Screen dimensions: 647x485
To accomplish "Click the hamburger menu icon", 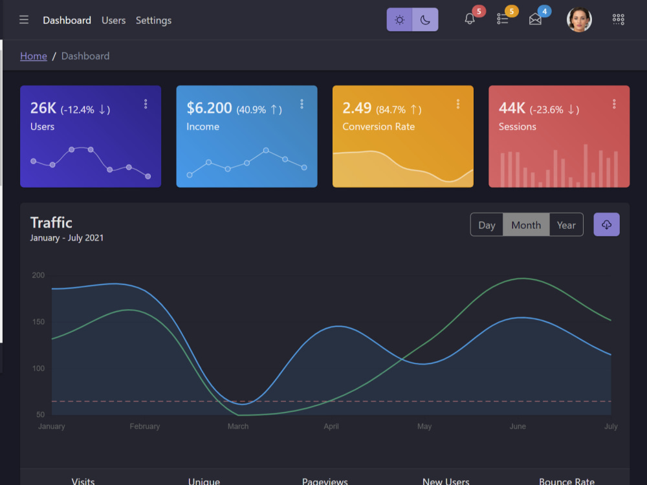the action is click(x=24, y=20).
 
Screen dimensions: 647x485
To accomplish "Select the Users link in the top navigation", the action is click(x=113, y=20).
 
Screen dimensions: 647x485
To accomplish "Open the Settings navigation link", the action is click(x=153, y=21).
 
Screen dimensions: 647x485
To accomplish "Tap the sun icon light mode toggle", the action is click(x=399, y=20).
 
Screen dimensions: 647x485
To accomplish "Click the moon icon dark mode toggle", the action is click(x=425, y=20).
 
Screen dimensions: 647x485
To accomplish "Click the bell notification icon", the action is click(x=470, y=19).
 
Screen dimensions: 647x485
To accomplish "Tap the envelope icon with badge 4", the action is click(x=535, y=19).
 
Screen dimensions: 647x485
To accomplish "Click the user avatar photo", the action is click(x=579, y=19).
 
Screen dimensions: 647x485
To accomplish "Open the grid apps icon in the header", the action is click(x=618, y=19).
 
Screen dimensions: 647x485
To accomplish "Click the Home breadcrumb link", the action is click(x=34, y=56).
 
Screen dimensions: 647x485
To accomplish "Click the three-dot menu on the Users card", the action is click(x=146, y=104).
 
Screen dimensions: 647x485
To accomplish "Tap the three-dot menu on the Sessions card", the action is click(x=614, y=104).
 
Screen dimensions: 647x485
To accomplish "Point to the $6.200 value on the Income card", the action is click(x=209, y=108).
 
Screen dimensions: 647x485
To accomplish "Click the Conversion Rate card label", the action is click(x=378, y=127).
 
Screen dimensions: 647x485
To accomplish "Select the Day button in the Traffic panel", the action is click(x=487, y=225).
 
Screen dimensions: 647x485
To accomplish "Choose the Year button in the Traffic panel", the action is click(x=566, y=225).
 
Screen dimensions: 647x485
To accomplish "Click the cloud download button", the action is click(x=607, y=225).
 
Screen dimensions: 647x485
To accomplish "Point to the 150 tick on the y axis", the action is click(x=38, y=321).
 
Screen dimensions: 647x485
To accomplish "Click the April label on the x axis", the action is click(x=331, y=426).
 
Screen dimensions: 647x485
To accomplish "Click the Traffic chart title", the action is click(x=51, y=222).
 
